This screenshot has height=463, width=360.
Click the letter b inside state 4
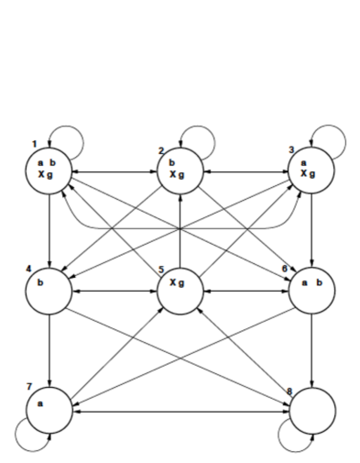(40, 282)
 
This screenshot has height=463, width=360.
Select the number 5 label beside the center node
(159, 270)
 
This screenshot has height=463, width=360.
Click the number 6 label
(287, 269)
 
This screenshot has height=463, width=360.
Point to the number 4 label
(30, 269)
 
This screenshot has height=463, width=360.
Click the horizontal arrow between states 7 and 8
(179, 411)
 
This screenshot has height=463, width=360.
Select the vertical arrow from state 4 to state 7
(48, 348)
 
